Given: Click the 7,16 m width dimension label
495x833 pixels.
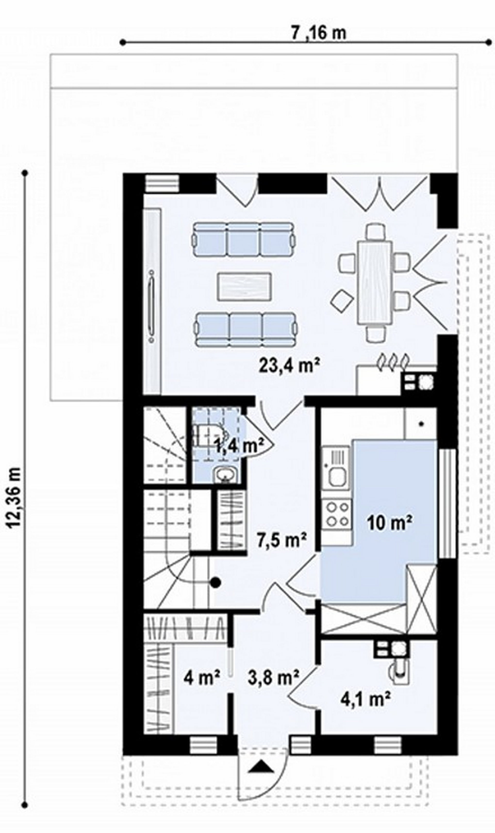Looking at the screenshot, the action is (319, 33).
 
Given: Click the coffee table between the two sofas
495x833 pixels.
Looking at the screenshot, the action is (244, 286).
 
